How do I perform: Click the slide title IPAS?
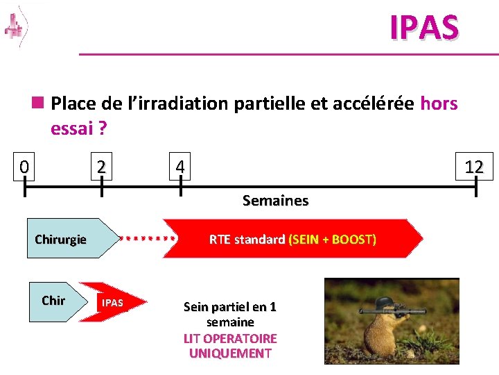click(424, 27)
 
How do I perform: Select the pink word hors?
click(439, 103)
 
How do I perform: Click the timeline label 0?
click(24, 167)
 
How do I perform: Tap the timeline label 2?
click(102, 167)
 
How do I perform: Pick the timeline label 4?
click(180, 167)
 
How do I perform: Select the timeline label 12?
click(474, 167)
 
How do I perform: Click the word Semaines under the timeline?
click(275, 201)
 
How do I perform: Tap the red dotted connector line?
click(147, 238)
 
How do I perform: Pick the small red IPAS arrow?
click(112, 303)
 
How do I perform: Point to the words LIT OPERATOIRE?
click(230, 338)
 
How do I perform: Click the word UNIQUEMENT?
click(230, 353)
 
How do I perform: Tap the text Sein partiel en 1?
click(229, 307)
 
